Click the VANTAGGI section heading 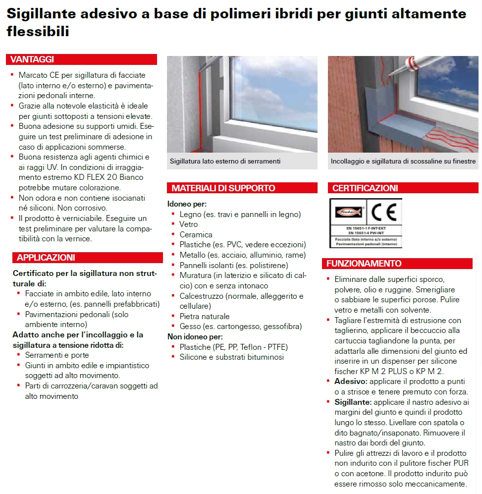coord(33,59)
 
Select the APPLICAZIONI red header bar coord(46,258)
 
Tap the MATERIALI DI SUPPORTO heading coord(223,188)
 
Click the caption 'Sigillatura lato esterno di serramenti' coord(225,161)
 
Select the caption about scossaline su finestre coord(403,161)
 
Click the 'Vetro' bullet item coord(189,224)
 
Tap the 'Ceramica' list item coord(196,234)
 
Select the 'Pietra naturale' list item coord(205,316)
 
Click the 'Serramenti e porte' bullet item coord(57,355)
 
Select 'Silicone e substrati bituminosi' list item coord(232,357)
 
